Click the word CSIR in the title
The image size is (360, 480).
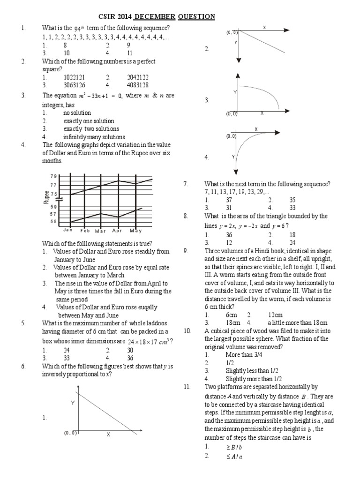click(107, 17)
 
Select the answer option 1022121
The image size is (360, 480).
click(75, 77)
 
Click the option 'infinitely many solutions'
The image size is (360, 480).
click(94, 137)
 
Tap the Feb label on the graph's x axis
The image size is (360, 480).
click(85, 231)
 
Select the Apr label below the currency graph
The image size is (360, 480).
click(117, 231)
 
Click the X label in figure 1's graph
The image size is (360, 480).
click(108, 435)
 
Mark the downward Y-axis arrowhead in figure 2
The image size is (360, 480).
click(239, 60)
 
